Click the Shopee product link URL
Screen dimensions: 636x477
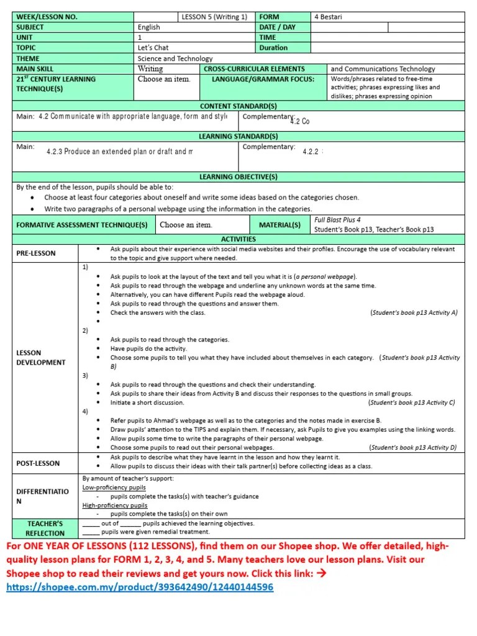(x=140, y=587)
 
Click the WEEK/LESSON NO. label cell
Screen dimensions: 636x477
(x=47, y=17)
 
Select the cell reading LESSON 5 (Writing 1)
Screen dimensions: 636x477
(x=214, y=17)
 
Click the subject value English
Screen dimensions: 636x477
(x=149, y=27)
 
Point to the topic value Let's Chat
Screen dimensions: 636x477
(x=153, y=48)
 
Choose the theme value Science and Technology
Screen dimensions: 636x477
(x=175, y=58)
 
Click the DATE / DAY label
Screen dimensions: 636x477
(x=277, y=27)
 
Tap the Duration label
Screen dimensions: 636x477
(x=273, y=48)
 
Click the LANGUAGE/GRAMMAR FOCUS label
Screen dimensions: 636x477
(x=263, y=79)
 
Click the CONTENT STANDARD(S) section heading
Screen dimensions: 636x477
(x=238, y=106)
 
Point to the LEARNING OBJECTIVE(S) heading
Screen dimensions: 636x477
(x=238, y=177)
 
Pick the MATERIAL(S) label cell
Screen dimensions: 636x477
(x=279, y=225)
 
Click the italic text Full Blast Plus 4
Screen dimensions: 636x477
(x=337, y=220)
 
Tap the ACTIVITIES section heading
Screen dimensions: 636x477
(x=238, y=238)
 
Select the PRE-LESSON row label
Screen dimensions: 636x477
(x=36, y=253)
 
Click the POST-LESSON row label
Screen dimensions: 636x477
(x=38, y=463)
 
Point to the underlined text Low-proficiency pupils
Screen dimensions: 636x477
(x=114, y=488)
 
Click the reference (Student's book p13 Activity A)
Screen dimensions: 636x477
(x=414, y=312)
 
